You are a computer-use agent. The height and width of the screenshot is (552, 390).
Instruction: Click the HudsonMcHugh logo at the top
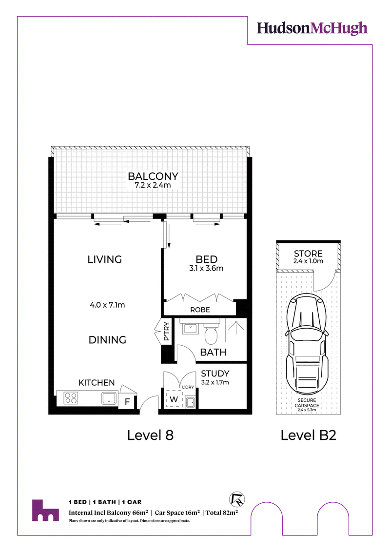click(x=312, y=28)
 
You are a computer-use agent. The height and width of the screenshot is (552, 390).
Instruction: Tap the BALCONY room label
click(x=153, y=176)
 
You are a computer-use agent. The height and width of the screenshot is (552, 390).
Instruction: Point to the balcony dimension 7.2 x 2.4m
click(x=153, y=185)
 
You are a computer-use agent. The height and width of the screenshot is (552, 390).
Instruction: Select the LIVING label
click(x=104, y=259)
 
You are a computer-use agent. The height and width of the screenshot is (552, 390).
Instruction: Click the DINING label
click(x=107, y=340)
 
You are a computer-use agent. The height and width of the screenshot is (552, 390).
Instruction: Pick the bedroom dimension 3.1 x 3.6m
click(x=206, y=268)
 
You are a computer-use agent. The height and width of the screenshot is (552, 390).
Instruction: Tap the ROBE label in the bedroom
click(x=200, y=310)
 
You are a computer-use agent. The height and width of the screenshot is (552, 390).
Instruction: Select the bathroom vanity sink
click(x=191, y=329)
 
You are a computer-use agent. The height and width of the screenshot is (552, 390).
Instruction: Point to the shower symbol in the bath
click(x=236, y=326)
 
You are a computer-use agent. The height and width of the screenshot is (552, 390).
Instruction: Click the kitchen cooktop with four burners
click(x=71, y=398)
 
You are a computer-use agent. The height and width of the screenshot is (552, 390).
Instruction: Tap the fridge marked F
click(x=127, y=401)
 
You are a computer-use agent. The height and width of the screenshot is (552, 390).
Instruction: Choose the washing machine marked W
click(x=174, y=399)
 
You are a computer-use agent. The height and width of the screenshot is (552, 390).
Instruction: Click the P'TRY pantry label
click(x=167, y=331)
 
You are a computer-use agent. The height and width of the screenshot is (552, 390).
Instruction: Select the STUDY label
click(x=215, y=374)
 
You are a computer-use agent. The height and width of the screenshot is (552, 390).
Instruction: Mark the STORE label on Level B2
click(x=308, y=254)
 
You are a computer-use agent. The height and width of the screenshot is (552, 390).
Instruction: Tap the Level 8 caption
click(x=150, y=435)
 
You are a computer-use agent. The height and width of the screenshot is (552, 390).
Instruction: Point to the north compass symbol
click(x=237, y=499)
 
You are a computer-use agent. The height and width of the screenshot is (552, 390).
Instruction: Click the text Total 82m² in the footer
click(x=222, y=513)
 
